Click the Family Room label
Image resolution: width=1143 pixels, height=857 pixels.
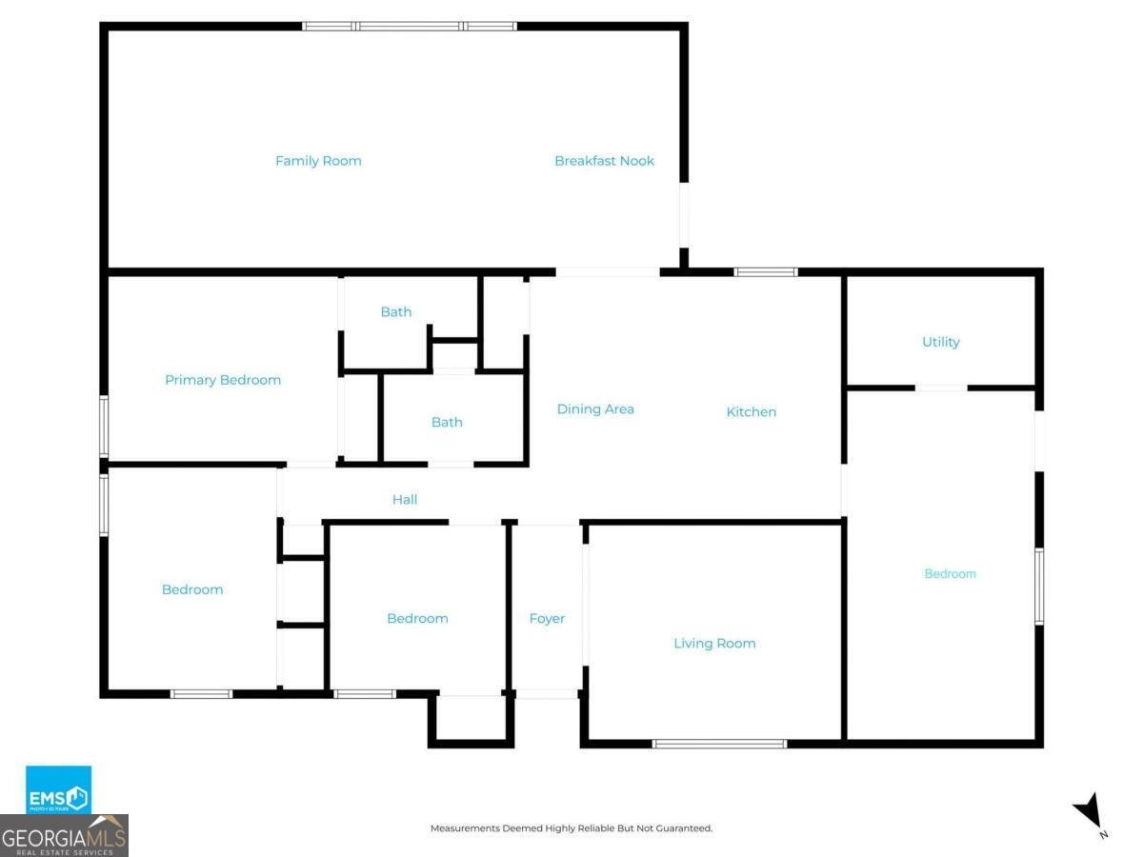click(318, 161)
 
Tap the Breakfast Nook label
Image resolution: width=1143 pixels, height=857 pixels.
click(604, 161)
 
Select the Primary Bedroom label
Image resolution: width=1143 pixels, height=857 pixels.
click(223, 380)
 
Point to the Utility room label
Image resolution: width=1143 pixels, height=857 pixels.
click(940, 342)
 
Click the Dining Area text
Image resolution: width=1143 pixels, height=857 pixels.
click(595, 409)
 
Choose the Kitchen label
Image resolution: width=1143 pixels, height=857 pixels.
click(751, 412)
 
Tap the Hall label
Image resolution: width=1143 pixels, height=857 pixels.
click(405, 499)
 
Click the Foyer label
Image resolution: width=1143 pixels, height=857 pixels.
click(547, 619)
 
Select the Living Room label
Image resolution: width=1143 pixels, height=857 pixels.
click(714, 644)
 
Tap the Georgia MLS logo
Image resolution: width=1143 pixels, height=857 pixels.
click(65, 836)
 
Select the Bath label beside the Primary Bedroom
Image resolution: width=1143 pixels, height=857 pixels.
click(396, 311)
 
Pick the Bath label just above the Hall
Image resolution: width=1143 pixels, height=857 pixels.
click(447, 422)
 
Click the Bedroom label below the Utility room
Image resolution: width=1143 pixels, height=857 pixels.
click(950, 574)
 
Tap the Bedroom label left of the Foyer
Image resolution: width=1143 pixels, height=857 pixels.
click(417, 619)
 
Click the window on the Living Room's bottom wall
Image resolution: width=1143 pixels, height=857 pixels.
click(719, 743)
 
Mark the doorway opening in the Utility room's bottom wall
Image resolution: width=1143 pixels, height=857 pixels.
click(941, 388)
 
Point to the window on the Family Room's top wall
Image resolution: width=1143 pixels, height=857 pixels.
click(410, 26)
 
